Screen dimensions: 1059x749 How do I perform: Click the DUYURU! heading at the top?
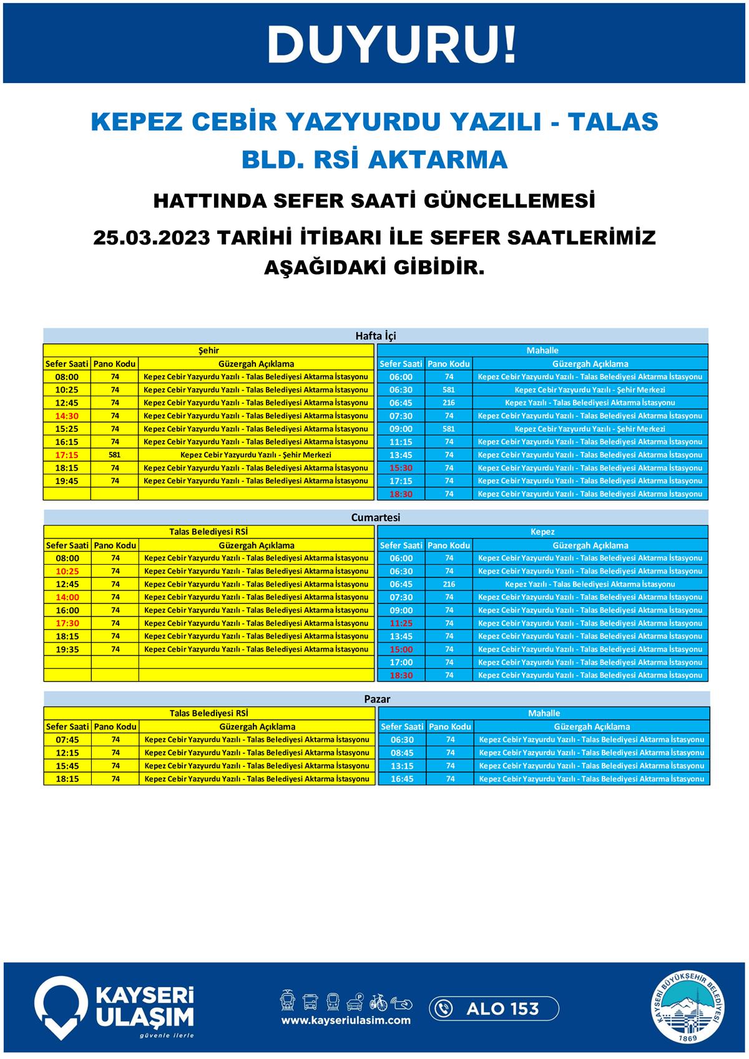[391, 44]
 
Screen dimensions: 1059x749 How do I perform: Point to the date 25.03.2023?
[152, 238]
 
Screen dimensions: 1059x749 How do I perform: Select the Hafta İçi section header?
[376, 336]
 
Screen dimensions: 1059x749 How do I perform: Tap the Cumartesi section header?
[376, 517]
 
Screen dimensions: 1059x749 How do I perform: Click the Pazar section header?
[377, 699]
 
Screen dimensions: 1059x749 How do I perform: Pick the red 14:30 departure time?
[67, 416]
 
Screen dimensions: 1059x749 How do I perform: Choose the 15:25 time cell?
[67, 429]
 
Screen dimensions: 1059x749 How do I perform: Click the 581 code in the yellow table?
[114, 455]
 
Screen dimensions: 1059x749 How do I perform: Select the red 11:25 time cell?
[401, 623]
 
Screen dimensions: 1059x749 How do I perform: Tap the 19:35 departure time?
[67, 649]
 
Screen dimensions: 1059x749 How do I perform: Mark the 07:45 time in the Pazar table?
[67, 739]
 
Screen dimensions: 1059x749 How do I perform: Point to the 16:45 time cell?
[402, 779]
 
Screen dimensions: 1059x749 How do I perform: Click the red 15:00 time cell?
[401, 649]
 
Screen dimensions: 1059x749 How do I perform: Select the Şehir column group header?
[208, 351]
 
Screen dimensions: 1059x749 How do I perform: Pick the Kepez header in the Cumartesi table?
[542, 532]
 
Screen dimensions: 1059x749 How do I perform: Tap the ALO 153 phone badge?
[494, 1008]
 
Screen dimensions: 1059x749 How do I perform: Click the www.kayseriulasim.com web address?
[346, 1020]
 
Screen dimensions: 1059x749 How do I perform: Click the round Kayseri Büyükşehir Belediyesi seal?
[689, 1007]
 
